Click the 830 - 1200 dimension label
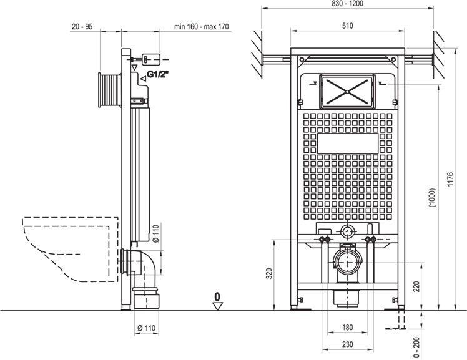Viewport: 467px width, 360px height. click(348, 4)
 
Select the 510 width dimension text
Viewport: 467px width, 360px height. click(348, 26)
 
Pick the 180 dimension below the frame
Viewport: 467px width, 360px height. click(348, 327)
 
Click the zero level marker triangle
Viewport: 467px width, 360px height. click(217, 305)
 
